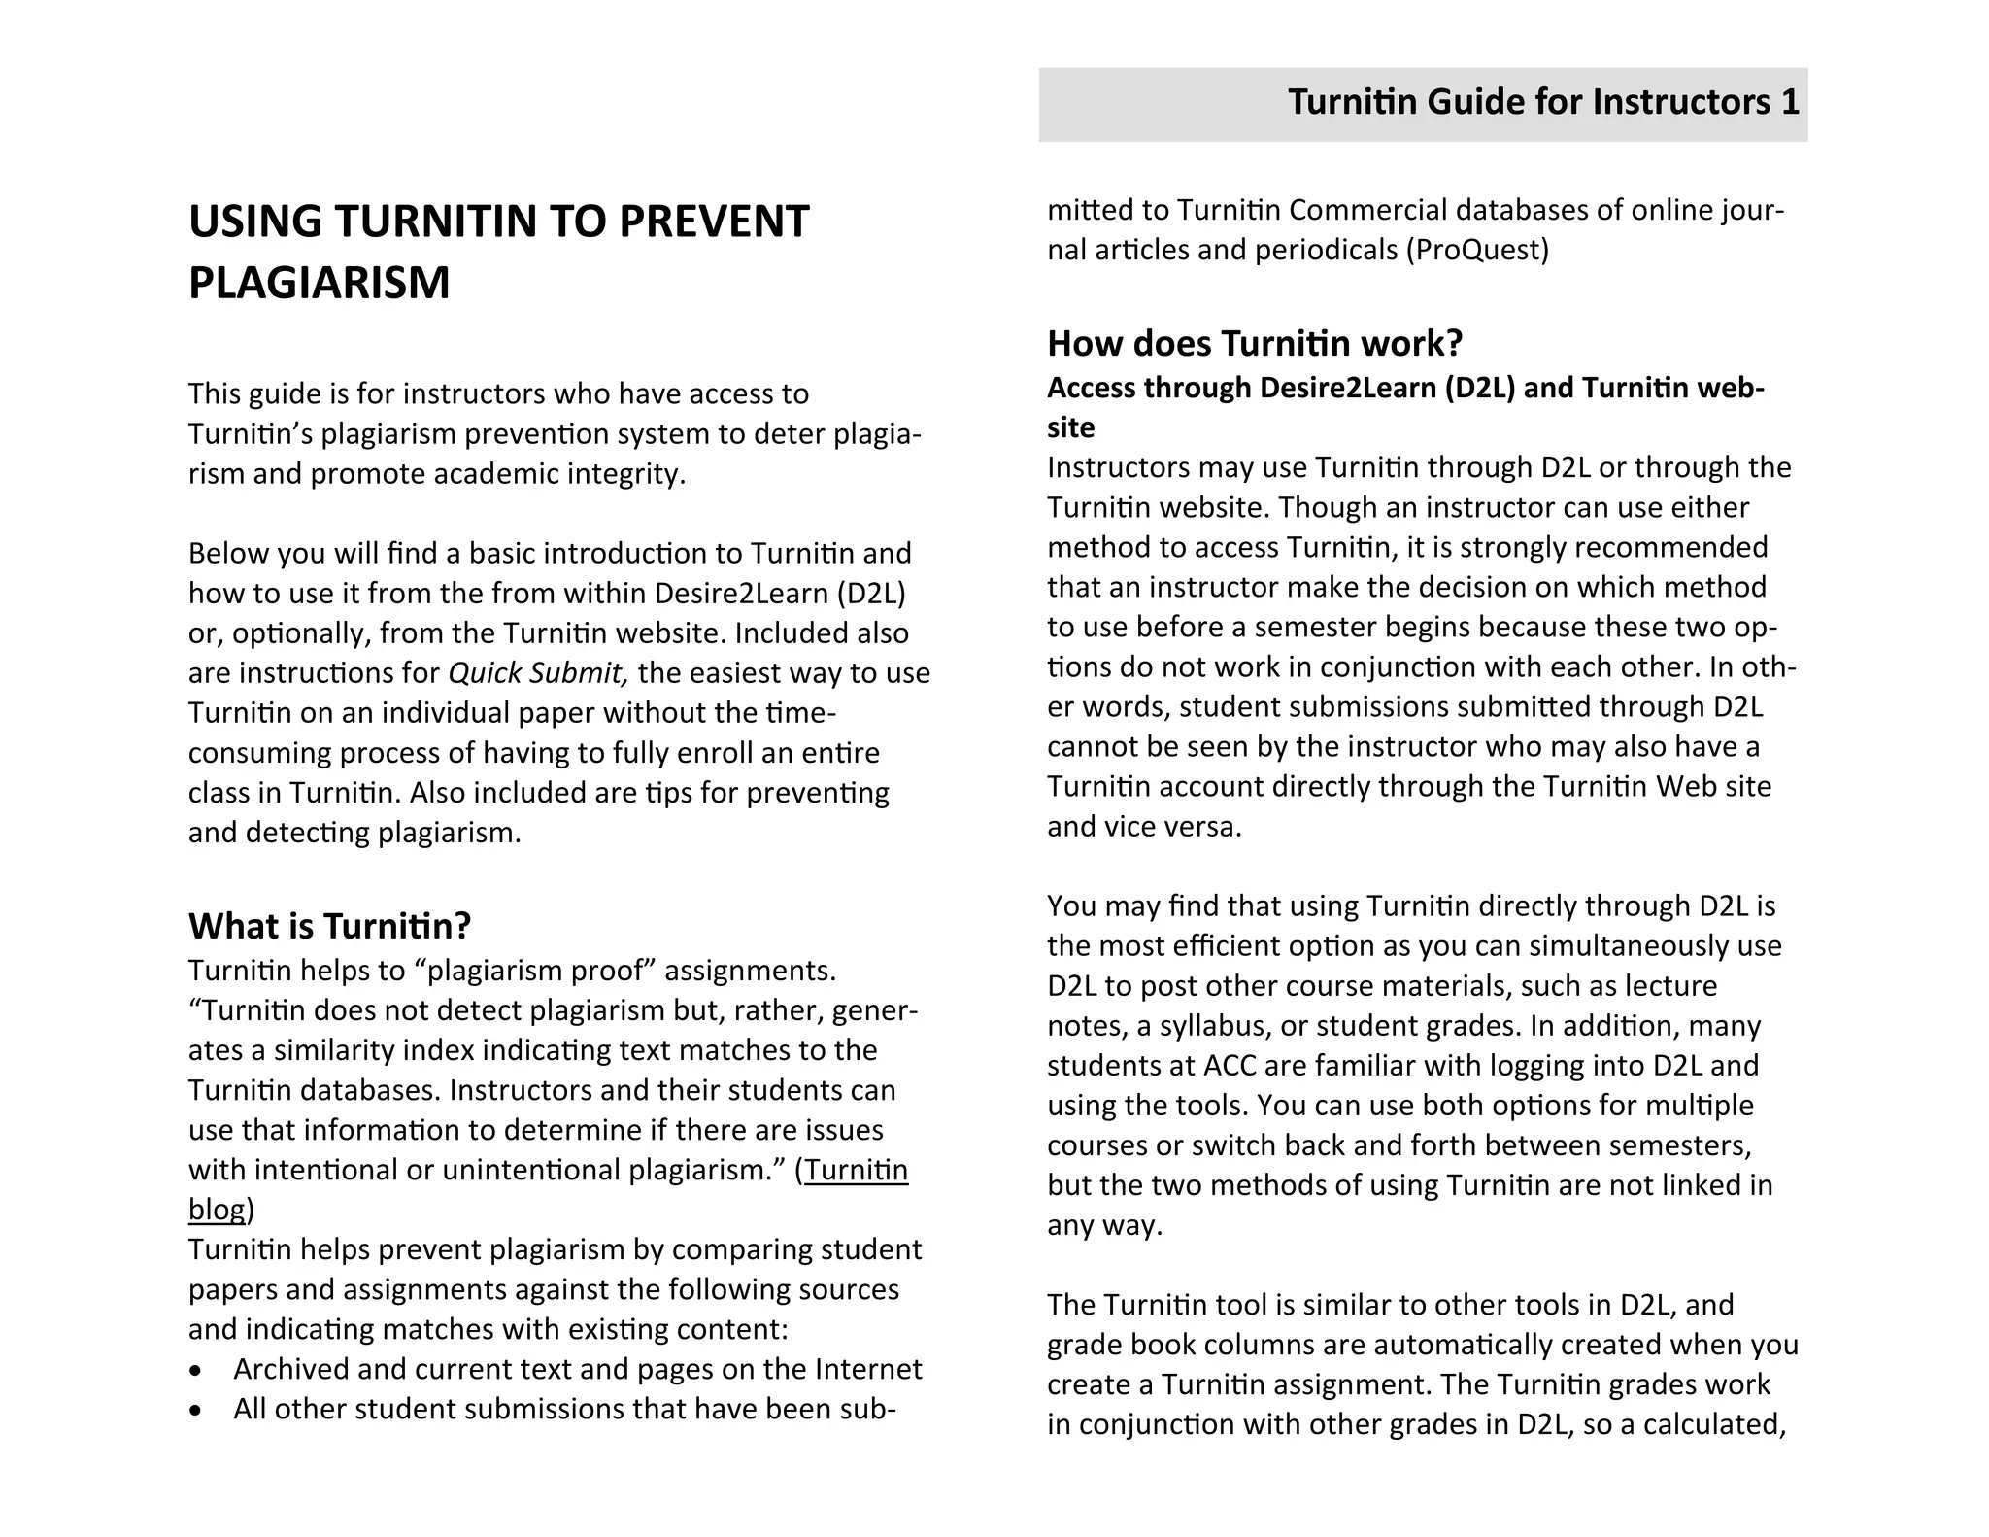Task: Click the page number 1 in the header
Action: click(1790, 102)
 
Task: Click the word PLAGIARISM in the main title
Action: click(319, 284)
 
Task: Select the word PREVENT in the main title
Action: click(713, 222)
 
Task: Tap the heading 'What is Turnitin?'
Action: click(329, 926)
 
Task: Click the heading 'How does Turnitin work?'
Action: click(1254, 343)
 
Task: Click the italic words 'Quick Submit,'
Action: click(538, 673)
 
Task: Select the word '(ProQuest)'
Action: click(1477, 251)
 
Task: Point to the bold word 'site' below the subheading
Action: click(1070, 427)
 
